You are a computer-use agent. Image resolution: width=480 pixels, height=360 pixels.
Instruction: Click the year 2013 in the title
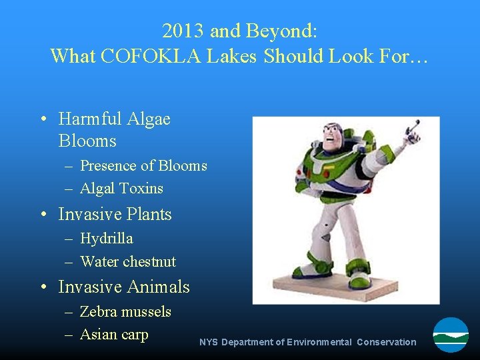[x=183, y=31]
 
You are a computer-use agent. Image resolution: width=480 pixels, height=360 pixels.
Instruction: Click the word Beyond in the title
[x=280, y=31]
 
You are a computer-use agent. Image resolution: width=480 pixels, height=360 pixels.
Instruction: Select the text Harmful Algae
[x=114, y=119]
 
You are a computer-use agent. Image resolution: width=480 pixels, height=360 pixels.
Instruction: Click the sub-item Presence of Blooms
[x=143, y=166]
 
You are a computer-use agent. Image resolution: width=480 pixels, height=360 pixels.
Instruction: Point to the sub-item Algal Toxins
[x=121, y=189]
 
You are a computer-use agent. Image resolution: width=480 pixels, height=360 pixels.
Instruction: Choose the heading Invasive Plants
[x=115, y=215]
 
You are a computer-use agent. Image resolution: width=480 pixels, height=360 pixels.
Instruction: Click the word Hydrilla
[x=107, y=239]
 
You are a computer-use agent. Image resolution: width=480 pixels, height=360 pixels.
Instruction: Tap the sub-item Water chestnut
[x=128, y=262]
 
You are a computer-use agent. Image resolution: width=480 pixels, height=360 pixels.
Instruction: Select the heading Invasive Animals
[x=124, y=287]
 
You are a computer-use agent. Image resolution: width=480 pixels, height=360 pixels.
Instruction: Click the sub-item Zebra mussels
[x=125, y=312]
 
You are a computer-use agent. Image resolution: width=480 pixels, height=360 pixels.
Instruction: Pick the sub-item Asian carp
[x=114, y=335]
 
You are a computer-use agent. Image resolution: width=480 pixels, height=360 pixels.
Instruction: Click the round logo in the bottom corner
[x=451, y=335]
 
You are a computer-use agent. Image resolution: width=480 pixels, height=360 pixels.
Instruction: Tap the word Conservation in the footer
[x=386, y=343]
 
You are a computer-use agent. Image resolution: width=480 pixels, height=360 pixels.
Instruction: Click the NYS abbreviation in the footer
[x=209, y=343]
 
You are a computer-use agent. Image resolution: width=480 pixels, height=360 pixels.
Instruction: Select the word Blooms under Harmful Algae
[x=87, y=141]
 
